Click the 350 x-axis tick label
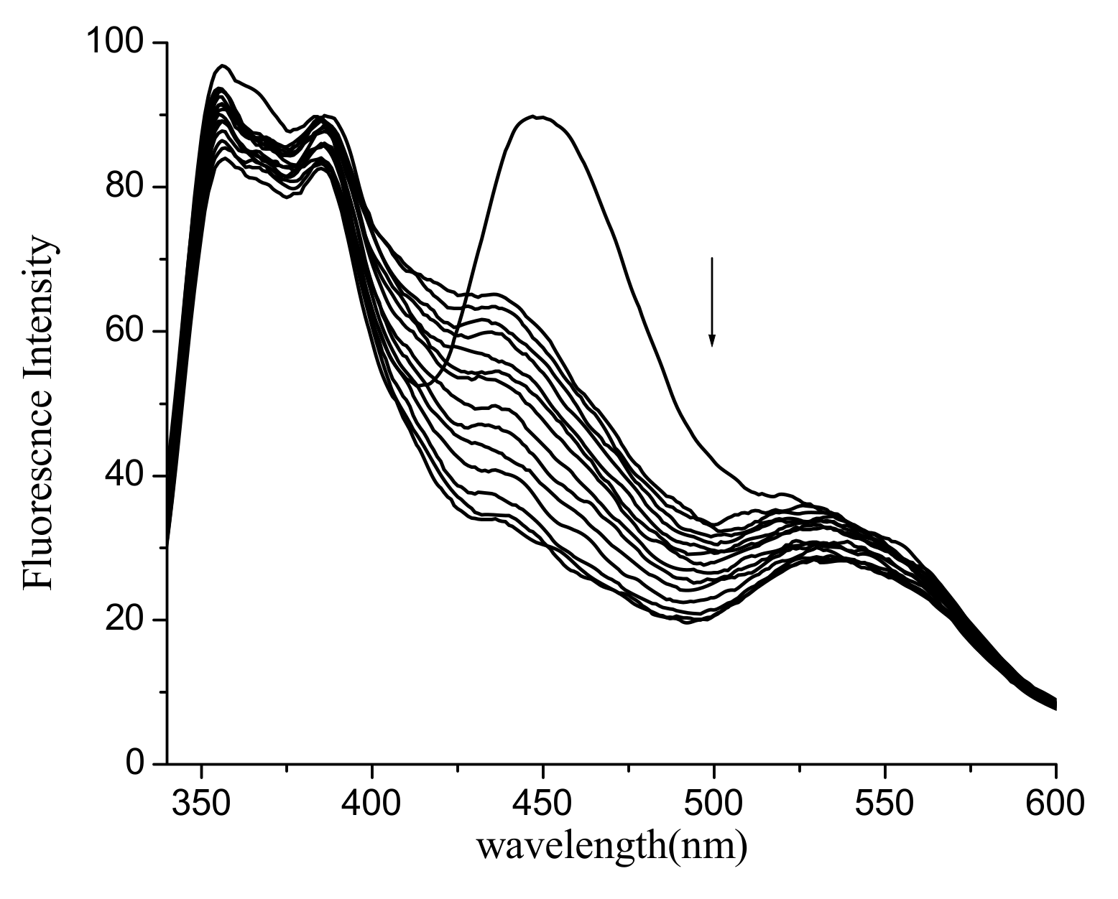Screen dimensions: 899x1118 click(x=202, y=802)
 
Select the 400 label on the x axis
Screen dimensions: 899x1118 click(x=372, y=802)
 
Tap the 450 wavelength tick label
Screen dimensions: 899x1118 click(x=543, y=802)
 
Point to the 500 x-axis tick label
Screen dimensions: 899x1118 click(x=714, y=802)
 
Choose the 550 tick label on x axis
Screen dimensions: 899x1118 click(x=884, y=802)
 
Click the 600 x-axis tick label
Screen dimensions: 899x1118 click(x=1054, y=802)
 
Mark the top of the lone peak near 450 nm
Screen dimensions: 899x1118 click(x=537, y=116)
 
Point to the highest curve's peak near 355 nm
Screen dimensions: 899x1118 click(x=223, y=66)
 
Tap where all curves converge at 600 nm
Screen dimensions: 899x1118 click(x=1054, y=704)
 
